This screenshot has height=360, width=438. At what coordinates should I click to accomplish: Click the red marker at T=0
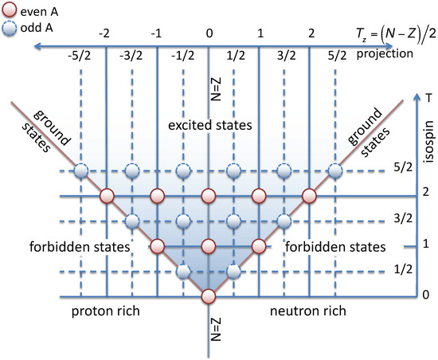point(208,296)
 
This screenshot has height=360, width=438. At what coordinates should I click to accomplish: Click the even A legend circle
point(10,11)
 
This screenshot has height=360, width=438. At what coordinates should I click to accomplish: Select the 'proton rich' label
point(106,311)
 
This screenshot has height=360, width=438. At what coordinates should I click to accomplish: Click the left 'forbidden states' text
point(90,247)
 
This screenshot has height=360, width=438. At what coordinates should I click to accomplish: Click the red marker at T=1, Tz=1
point(259,246)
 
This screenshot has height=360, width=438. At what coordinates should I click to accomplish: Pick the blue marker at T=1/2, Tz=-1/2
point(183,272)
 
